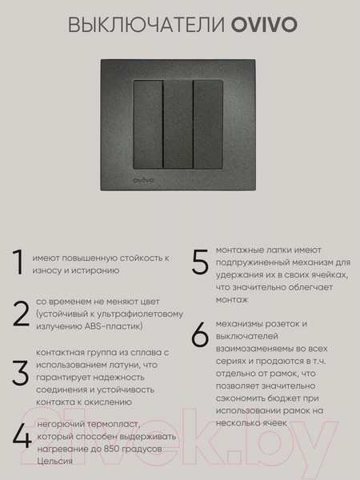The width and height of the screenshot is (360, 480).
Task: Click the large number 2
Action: [21, 314]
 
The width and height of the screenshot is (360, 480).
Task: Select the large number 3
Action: [20, 373]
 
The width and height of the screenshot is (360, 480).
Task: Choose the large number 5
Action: [200, 265]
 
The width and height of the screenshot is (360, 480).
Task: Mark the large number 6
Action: [200, 336]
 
